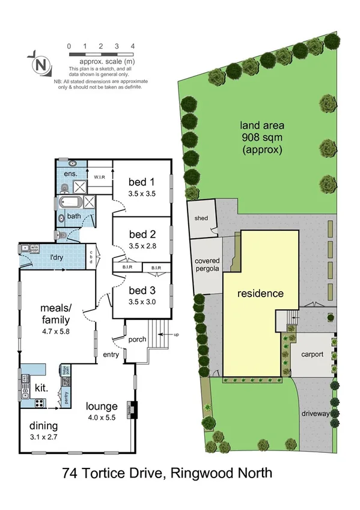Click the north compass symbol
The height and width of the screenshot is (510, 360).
tap(40, 63)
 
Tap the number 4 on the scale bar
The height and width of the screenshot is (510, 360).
tap(132, 46)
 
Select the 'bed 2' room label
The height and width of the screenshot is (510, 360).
tap(142, 235)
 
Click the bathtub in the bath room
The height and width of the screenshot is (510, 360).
tap(72, 201)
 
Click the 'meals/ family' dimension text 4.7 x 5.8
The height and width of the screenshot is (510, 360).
tap(56, 330)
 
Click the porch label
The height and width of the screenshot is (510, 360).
tap(138, 339)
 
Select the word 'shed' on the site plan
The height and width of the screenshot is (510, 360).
tap(201, 218)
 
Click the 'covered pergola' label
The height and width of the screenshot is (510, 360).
tap(207, 265)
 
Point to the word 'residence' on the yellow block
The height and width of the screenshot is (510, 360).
tap(260, 294)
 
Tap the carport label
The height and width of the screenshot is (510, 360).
tap(313, 354)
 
